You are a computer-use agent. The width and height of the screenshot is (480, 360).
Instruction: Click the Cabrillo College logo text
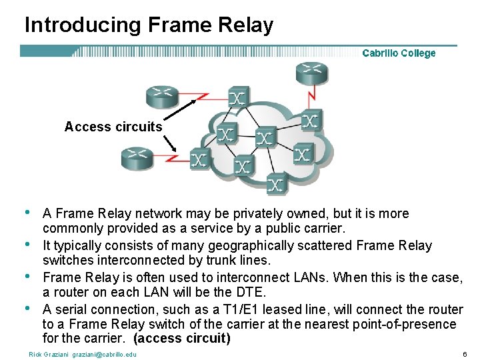point(399,53)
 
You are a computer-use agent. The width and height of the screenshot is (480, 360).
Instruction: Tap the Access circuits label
point(113,127)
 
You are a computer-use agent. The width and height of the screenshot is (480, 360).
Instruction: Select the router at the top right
point(312,73)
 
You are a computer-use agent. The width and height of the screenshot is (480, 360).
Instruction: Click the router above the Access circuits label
point(162,96)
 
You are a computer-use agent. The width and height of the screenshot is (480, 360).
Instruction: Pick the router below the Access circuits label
point(137,158)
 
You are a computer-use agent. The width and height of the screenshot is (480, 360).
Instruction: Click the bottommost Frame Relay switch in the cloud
point(277,183)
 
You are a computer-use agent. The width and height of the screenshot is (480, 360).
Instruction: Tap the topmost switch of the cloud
point(238,97)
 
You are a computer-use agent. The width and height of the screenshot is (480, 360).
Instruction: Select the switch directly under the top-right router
point(310,120)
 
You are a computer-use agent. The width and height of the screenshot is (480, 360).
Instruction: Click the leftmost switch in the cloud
point(199,158)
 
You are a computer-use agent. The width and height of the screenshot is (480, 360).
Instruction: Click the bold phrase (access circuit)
point(182,339)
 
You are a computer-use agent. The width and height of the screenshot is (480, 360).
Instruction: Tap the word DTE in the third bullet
point(253,293)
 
